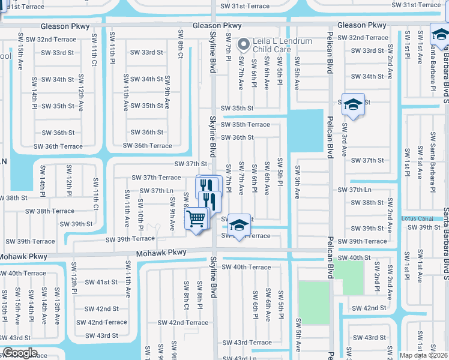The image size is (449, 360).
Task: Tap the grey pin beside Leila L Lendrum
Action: coord(244,44)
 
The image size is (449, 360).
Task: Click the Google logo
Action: coord(20,353)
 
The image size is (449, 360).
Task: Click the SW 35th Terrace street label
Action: coord(246,125)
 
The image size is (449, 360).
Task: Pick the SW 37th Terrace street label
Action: coord(153,178)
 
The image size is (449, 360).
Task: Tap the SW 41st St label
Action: coord(101,282)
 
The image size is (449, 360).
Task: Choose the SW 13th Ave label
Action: coord(58,299)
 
